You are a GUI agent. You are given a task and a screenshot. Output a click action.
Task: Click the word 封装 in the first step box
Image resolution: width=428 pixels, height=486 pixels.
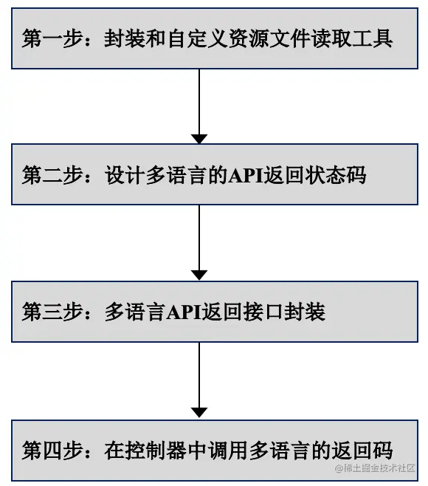[125, 39]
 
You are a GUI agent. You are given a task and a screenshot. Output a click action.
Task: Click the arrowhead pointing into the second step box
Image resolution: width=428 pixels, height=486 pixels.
[199, 139]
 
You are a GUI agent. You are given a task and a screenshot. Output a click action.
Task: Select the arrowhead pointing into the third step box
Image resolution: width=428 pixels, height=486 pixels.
[199, 275]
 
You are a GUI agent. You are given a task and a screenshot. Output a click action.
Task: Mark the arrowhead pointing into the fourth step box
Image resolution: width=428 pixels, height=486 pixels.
[199, 412]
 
